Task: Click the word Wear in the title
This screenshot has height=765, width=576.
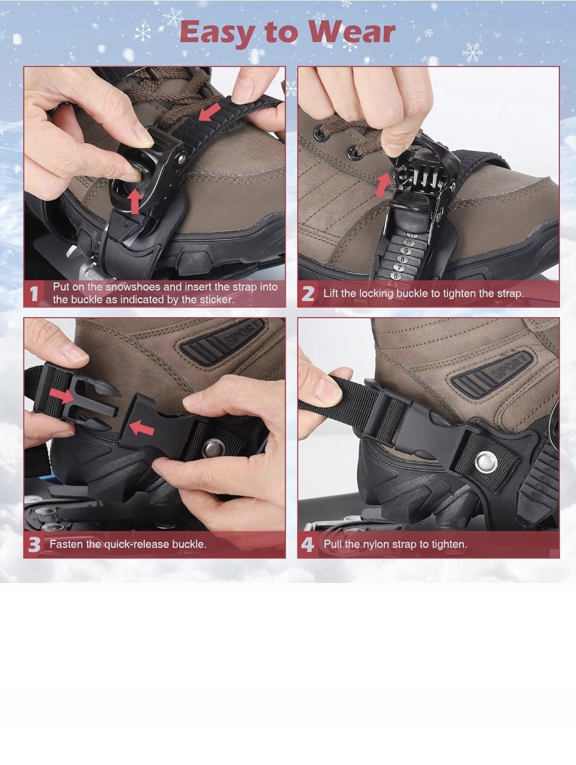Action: pos(352,32)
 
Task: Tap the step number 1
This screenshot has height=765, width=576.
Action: pos(34,294)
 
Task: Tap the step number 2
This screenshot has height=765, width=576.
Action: pos(307,294)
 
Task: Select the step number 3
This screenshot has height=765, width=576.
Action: pos(34,545)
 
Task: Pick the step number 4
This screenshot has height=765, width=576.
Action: pos(307,545)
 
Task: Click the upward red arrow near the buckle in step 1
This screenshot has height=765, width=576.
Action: pos(135,201)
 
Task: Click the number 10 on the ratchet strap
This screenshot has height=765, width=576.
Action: pos(409,242)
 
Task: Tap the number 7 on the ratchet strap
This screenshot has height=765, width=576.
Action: pos(399,268)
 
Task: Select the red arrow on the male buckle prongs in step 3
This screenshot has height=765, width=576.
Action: pos(61,396)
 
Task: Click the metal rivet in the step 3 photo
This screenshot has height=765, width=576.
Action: pos(213,448)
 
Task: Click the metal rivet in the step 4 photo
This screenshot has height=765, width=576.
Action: pos(487,462)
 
